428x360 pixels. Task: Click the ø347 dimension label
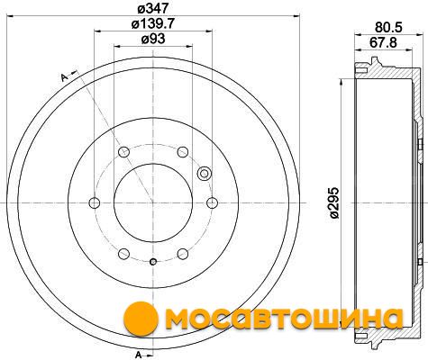point(153,8)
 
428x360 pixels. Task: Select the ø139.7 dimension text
point(153,23)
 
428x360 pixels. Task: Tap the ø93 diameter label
point(153,39)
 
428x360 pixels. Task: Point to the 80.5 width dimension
point(388,27)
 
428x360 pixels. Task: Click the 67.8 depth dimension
point(383,42)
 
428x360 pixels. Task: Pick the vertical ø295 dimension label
point(333,202)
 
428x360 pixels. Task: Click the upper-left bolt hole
point(123,152)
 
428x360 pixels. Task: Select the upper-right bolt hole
point(183,152)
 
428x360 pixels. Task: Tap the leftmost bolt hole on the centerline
point(95,203)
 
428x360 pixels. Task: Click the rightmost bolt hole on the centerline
point(212,203)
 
